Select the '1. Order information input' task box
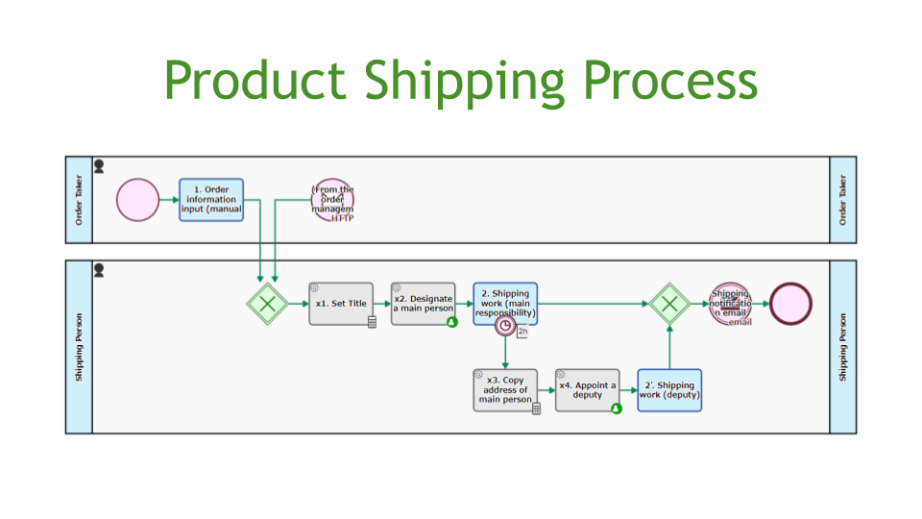click(211, 200)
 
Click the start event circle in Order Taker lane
click(138, 200)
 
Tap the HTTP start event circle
click(333, 200)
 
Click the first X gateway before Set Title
click(267, 304)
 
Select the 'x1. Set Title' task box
click(341, 304)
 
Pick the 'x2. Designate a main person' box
click(423, 304)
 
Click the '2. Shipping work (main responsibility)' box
click(505, 300)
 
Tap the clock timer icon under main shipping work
click(505, 325)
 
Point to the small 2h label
click(522, 333)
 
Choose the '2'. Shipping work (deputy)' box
click(669, 390)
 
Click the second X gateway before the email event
click(669, 304)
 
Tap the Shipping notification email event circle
click(730, 304)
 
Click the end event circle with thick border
click(790, 304)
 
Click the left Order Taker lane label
click(79, 200)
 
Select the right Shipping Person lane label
click(843, 347)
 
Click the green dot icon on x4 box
click(617, 408)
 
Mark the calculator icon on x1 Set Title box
click(372, 322)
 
